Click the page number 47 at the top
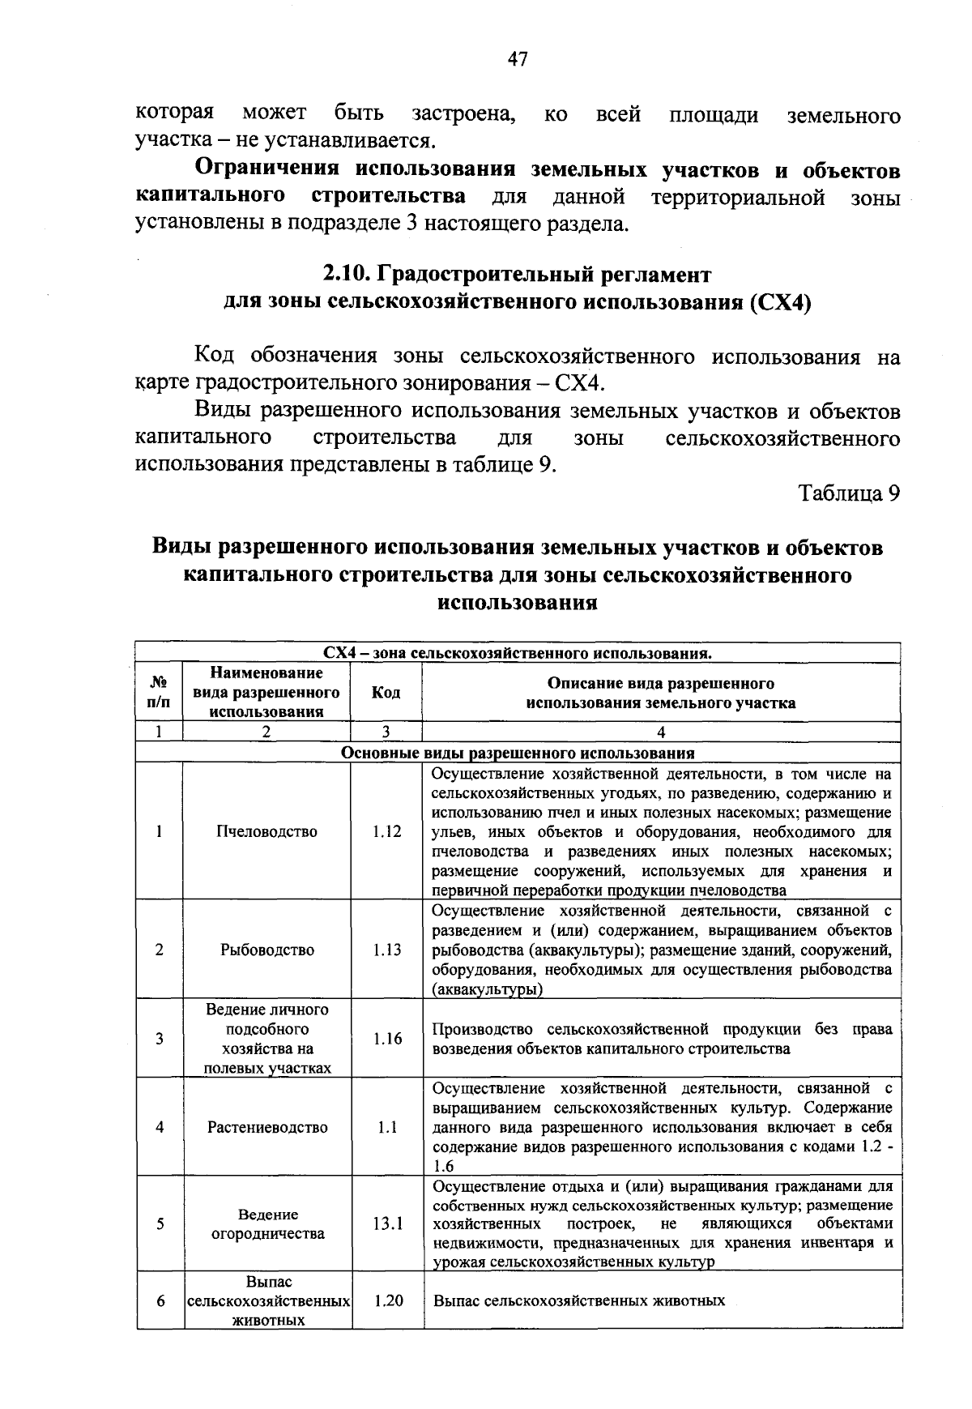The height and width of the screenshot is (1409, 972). tap(518, 58)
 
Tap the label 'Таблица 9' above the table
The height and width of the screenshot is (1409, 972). tap(849, 493)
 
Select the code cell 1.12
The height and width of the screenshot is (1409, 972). tap(387, 832)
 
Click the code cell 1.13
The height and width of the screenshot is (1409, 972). tap(387, 950)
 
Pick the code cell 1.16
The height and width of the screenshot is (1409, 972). tap(387, 1039)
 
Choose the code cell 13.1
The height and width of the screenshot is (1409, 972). tap(388, 1224)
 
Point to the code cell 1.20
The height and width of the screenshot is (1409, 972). tap(388, 1301)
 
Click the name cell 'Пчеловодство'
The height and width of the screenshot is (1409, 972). tap(267, 832)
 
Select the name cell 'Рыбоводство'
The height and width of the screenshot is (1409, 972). tap(267, 950)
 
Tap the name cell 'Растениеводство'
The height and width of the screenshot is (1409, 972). tap(267, 1127)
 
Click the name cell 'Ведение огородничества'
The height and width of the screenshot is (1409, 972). tap(267, 1224)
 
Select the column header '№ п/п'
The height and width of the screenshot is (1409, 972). tap(160, 693)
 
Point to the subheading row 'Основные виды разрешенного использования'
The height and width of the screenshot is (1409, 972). tap(518, 753)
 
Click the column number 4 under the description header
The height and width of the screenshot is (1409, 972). tap(661, 732)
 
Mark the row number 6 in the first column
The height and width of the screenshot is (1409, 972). tap(160, 1301)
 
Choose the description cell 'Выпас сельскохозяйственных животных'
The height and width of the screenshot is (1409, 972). tap(578, 1301)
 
